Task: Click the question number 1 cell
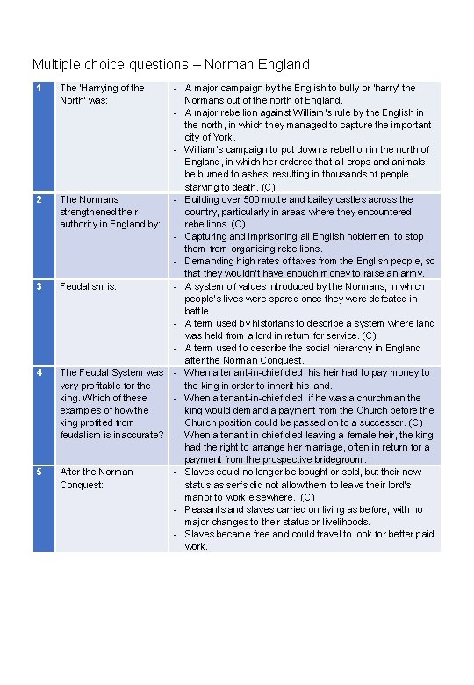click(43, 137)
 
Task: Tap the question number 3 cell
click(43, 322)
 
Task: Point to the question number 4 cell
click(43, 415)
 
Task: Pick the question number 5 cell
click(43, 508)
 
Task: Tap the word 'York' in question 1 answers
click(222, 137)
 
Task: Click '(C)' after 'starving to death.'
click(268, 187)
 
